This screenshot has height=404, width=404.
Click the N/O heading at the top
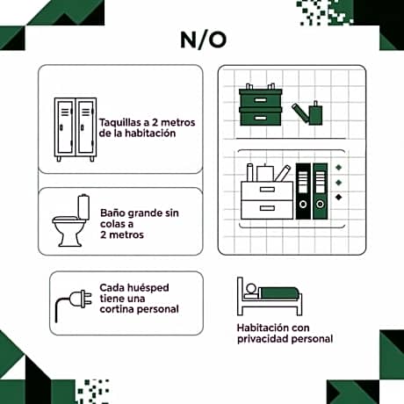(203, 40)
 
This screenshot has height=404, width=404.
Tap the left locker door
(65, 127)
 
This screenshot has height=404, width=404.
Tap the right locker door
(86, 127)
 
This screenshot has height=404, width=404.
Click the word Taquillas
(120, 122)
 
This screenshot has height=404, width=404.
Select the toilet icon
(71, 220)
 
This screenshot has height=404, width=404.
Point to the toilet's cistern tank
(83, 207)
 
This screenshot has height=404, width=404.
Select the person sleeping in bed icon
(270, 296)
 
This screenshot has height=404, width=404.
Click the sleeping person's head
(251, 289)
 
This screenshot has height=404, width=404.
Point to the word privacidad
(261, 339)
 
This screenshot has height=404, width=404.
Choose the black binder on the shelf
(303, 191)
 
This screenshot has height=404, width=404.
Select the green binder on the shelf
(320, 191)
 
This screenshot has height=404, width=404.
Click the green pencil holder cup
(315, 114)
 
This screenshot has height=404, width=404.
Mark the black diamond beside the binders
(339, 197)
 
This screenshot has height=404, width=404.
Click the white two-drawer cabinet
(267, 200)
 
